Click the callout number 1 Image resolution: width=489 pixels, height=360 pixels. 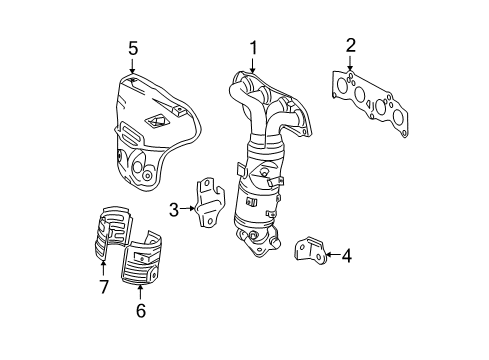[x=253, y=47]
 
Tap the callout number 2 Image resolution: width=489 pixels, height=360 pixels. [x=350, y=44]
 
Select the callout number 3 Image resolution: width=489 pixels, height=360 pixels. [x=173, y=210]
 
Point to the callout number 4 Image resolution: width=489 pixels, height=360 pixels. [x=346, y=255]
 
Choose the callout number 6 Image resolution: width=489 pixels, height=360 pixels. [x=140, y=311]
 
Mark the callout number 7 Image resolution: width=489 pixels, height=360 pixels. [x=101, y=288]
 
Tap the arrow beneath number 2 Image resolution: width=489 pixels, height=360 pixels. [x=350, y=62]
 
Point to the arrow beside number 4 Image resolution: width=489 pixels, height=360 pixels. [x=329, y=255]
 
